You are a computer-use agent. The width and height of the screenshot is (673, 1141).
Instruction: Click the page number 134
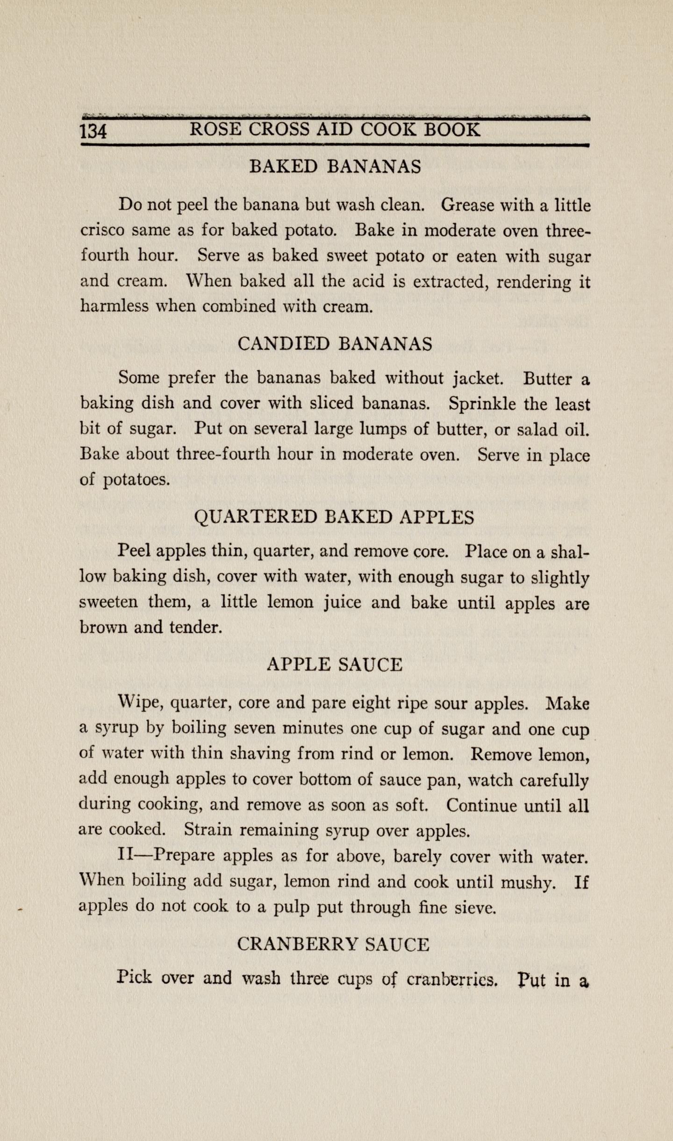point(94,131)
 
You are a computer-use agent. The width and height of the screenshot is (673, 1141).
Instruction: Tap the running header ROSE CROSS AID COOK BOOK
point(335,130)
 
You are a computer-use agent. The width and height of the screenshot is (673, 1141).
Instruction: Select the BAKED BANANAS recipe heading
point(335,166)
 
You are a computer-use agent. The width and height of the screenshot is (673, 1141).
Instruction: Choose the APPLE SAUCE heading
point(335,664)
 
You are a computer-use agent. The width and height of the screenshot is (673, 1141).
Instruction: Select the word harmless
point(114,306)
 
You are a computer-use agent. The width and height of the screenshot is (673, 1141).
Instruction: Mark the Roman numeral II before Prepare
point(126,855)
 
